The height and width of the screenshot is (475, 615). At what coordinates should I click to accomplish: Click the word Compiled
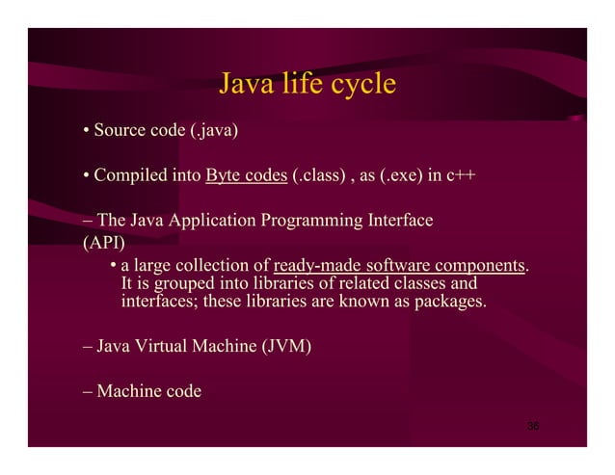(x=130, y=176)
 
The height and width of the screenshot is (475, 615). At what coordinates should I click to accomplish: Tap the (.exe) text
(x=396, y=176)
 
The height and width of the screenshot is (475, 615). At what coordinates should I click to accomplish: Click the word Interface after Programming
(x=398, y=222)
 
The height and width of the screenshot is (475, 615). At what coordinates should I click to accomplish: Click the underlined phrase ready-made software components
(x=400, y=265)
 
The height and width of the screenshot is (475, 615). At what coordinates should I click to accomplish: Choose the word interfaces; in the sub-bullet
(x=158, y=303)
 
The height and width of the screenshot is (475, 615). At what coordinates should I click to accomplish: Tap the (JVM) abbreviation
(x=286, y=346)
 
